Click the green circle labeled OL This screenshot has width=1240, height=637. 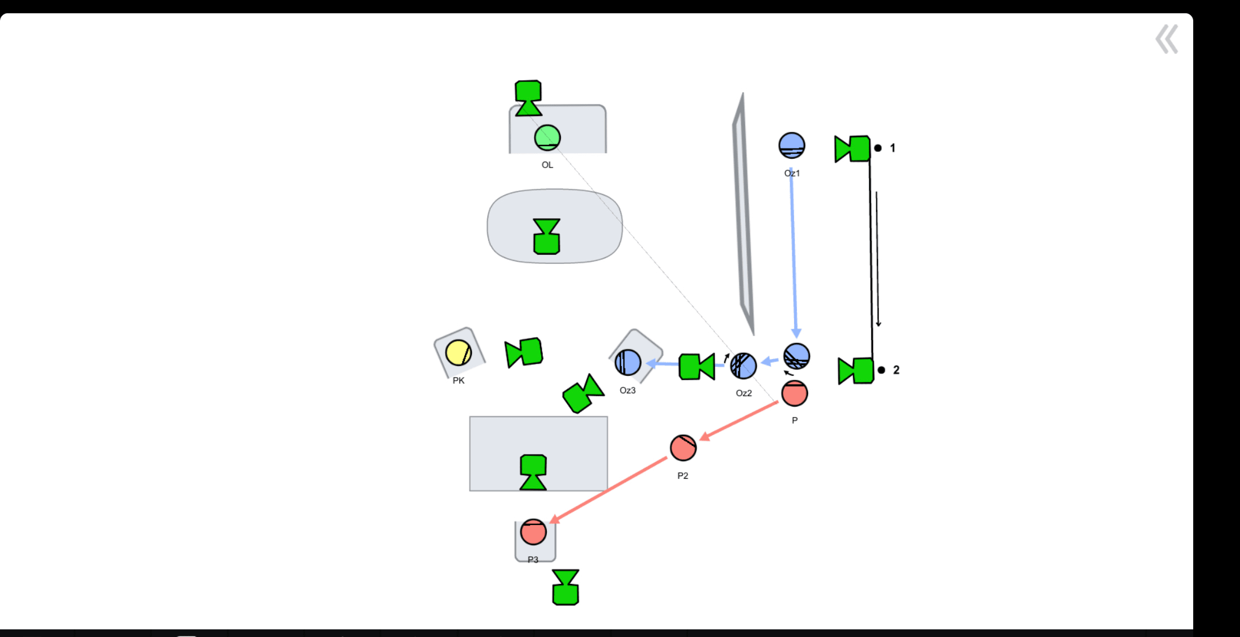tap(548, 138)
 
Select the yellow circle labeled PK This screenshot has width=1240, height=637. tap(459, 353)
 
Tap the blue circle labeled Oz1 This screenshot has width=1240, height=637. tap(792, 146)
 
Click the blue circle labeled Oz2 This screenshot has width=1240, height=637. tap(743, 366)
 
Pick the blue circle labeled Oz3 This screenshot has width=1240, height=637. tap(628, 363)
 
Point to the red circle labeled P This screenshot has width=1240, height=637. tap(795, 393)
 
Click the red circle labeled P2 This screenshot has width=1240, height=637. tap(683, 448)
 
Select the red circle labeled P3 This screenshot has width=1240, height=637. tap(533, 532)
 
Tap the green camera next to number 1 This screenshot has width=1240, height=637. tap(852, 148)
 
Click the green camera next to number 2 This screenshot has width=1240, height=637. tap(856, 370)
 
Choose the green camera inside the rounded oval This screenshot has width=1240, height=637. tap(546, 236)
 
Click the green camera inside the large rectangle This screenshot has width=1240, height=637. tap(533, 472)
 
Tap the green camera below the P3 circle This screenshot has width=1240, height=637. tap(565, 587)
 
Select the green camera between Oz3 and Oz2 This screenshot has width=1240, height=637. tap(697, 366)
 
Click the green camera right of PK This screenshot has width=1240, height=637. tap(524, 352)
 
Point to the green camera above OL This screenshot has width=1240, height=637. tap(528, 98)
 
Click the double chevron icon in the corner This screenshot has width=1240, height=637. tap(1167, 39)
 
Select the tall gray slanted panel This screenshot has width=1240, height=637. tap(743, 214)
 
